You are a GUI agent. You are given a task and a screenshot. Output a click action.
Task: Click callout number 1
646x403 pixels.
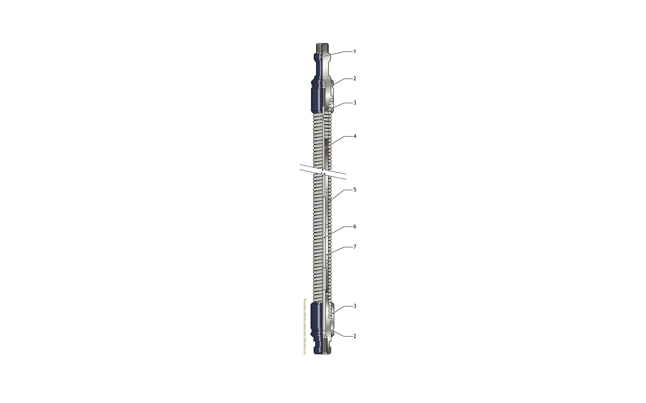pyautogui.click(x=355, y=52)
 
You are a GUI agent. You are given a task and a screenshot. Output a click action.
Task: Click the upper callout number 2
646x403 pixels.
pyautogui.click(x=355, y=79)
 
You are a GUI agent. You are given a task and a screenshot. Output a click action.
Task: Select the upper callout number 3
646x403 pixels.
pyautogui.click(x=355, y=103)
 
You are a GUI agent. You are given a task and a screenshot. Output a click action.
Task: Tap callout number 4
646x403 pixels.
pyautogui.click(x=355, y=136)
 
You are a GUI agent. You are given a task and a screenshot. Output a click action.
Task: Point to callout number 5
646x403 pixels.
pyautogui.click(x=355, y=190)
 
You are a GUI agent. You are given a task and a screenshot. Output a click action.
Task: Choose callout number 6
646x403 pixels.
pyautogui.click(x=355, y=226)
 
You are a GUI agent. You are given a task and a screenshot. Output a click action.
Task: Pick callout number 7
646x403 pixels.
pyautogui.click(x=355, y=247)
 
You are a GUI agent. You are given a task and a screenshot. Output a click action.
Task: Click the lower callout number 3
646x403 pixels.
pyautogui.click(x=355, y=306)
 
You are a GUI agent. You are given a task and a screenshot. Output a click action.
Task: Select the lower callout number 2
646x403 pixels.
pyautogui.click(x=355, y=336)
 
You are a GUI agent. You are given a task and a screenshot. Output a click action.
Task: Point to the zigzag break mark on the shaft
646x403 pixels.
pyautogui.click(x=323, y=172)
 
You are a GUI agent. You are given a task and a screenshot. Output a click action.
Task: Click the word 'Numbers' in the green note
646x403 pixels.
pyautogui.click(x=304, y=304)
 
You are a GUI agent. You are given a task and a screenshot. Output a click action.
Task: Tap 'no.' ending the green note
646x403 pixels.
pyautogui.click(x=304, y=353)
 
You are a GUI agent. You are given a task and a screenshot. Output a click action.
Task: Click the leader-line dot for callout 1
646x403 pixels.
pyautogui.click(x=321, y=57)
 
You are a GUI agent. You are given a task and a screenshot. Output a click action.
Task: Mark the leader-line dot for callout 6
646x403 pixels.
pyautogui.click(x=324, y=237)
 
